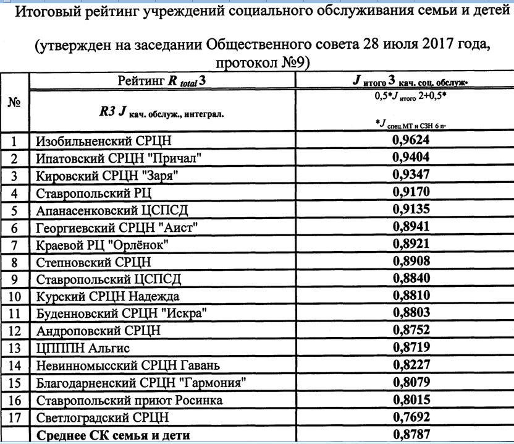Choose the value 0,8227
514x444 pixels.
tap(411, 365)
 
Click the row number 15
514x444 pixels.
tap(15, 383)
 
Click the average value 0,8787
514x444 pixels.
tap(411, 435)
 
